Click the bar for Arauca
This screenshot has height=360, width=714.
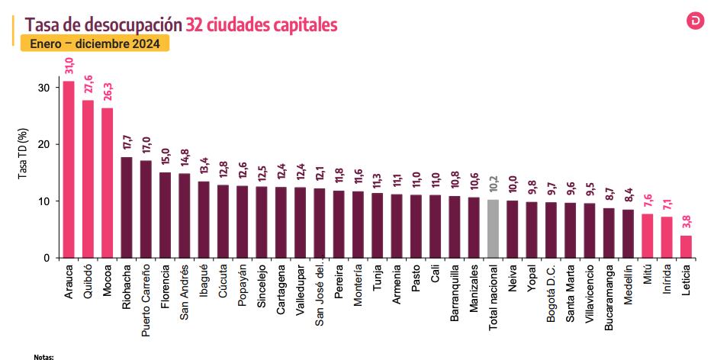[68, 169]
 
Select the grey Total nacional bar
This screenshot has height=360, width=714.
[494, 229]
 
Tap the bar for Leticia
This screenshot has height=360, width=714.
[686, 246]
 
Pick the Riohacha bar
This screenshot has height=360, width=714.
[126, 207]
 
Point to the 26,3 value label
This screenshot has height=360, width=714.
[107, 92]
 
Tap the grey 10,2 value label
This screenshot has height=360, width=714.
[494, 183]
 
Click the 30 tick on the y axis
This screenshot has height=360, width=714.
[43, 88]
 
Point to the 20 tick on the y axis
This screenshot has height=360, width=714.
[43, 145]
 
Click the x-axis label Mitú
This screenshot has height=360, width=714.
[647, 277]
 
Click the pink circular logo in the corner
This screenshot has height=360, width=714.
[696, 20]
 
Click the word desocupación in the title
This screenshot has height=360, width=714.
[130, 24]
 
